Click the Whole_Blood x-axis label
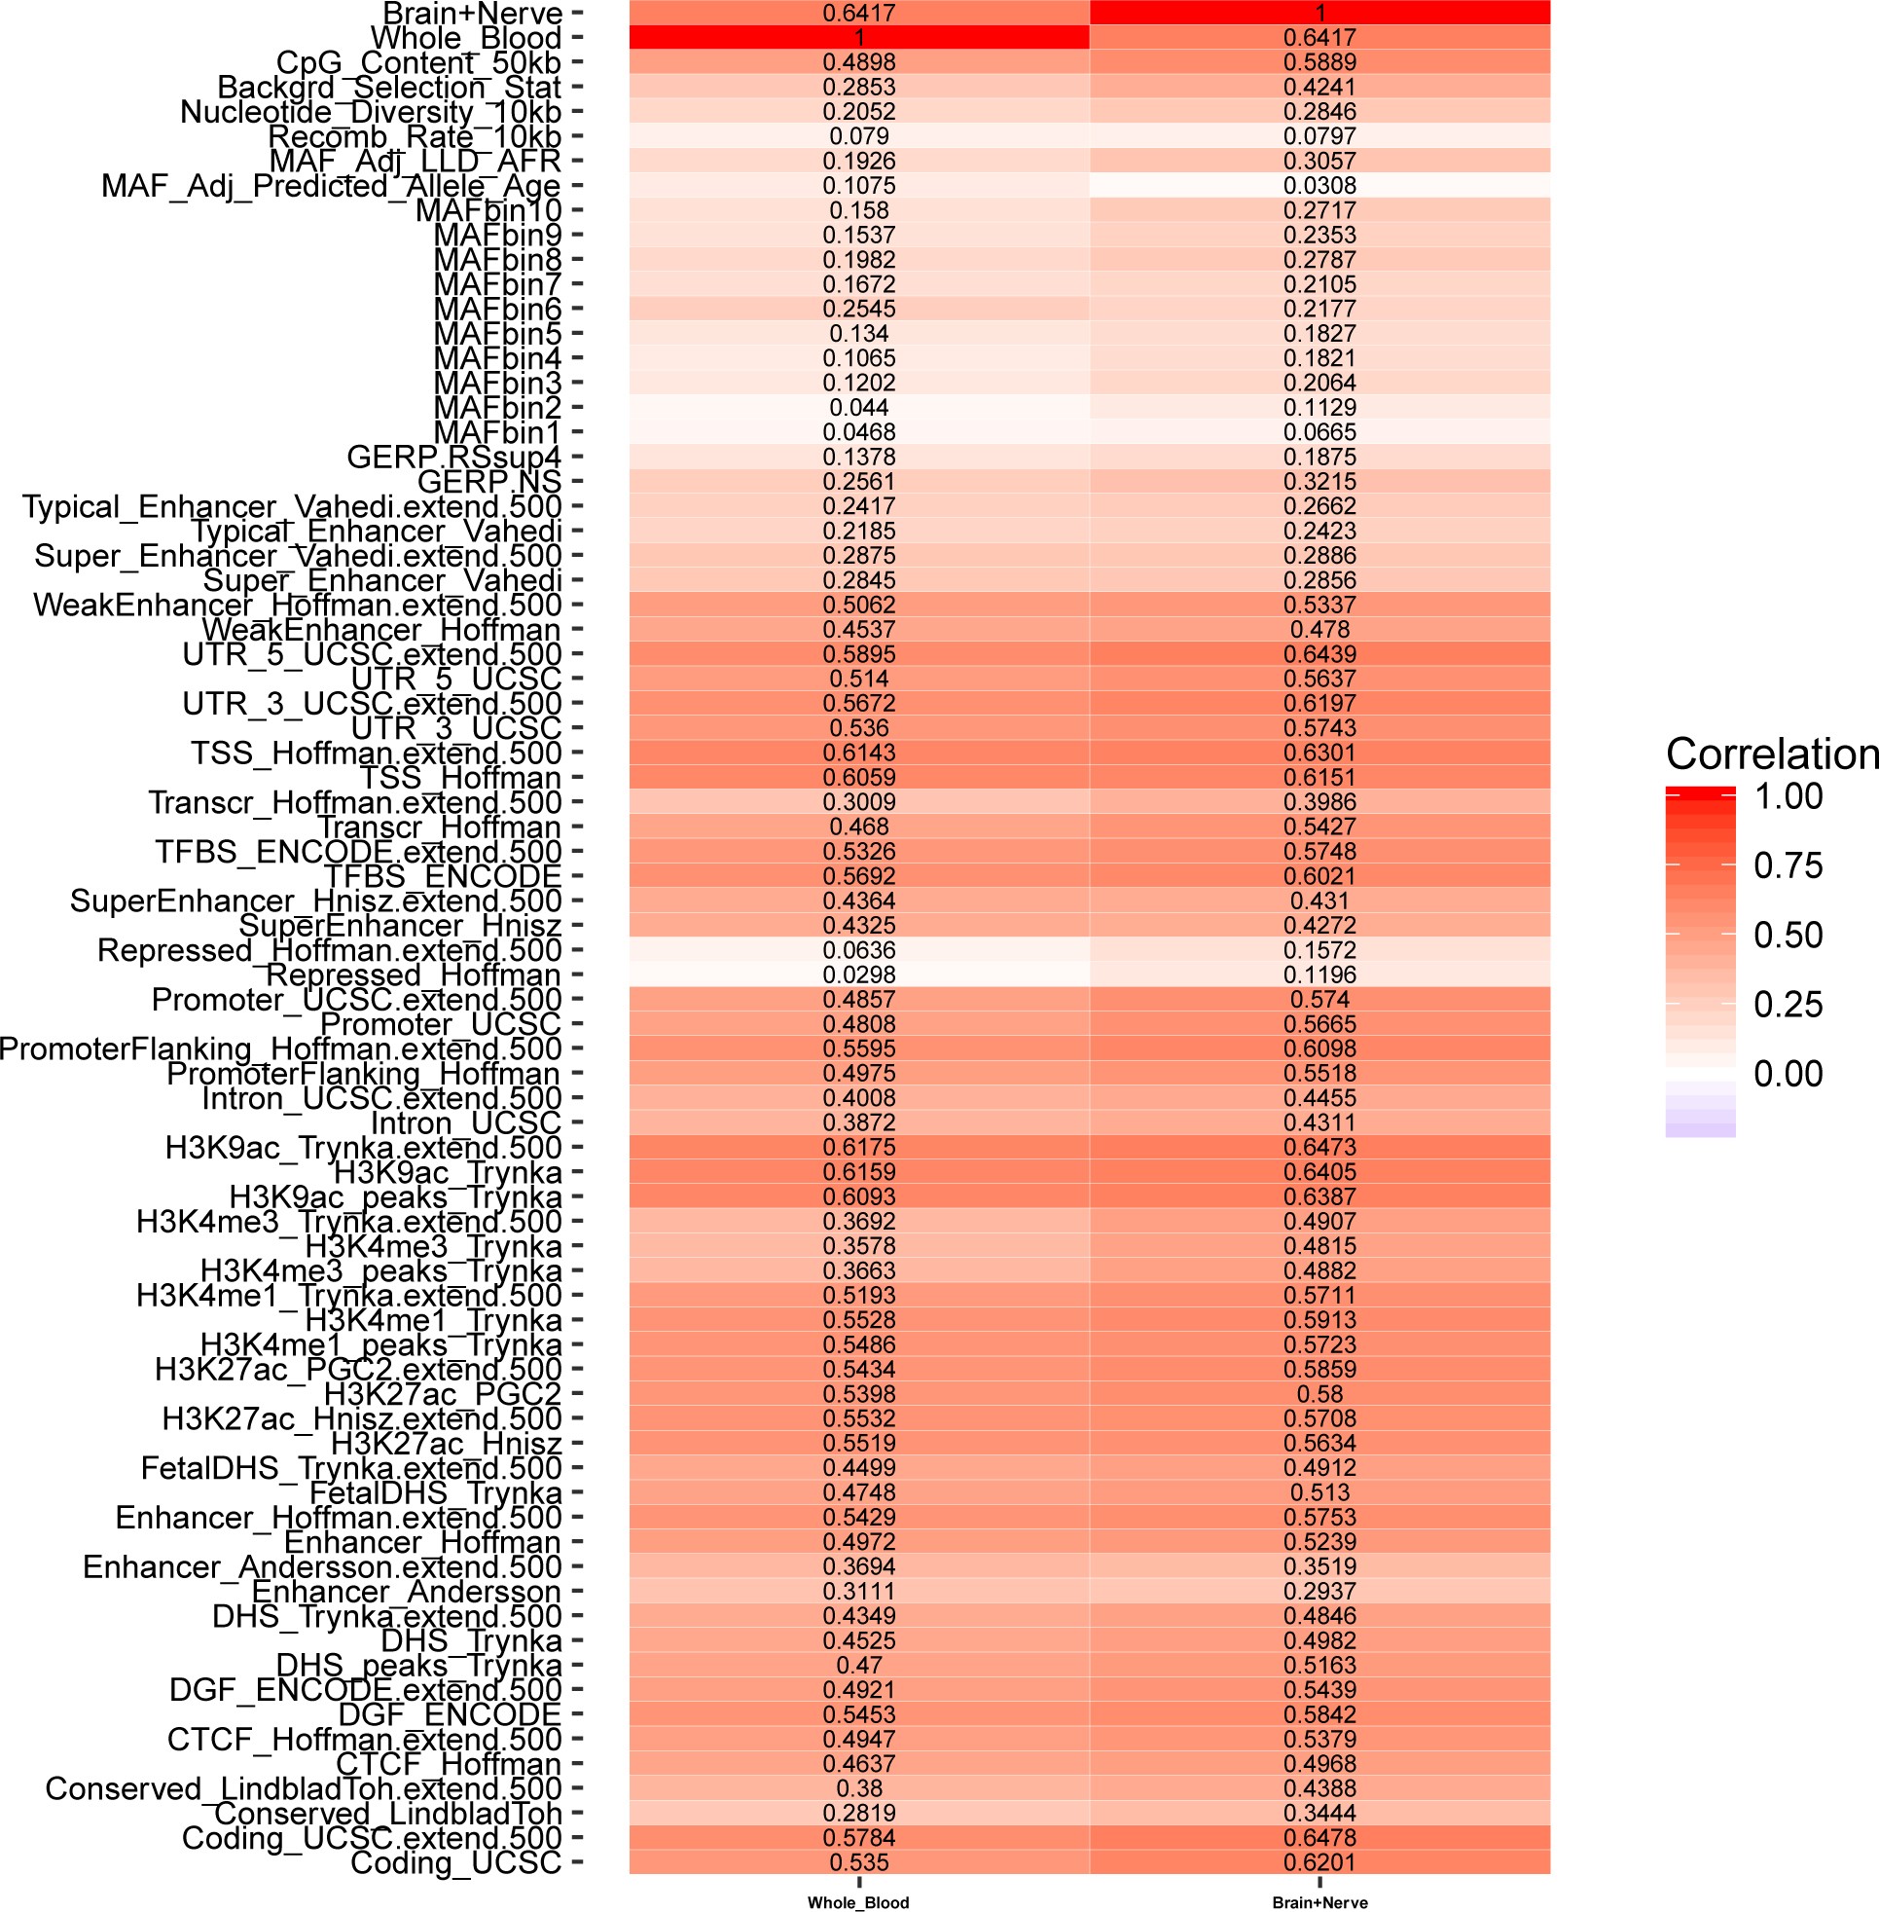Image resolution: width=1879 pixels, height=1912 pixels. (857, 1902)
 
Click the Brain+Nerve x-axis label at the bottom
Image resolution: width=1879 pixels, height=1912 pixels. (1319, 1902)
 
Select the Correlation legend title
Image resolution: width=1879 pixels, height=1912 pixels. (1771, 754)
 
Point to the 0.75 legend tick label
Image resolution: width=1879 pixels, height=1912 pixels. (1788, 865)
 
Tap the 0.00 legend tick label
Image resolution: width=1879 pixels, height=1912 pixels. (1788, 1074)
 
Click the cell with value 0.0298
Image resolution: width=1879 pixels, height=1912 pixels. (858, 974)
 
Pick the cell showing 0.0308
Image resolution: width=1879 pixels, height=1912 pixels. (1319, 186)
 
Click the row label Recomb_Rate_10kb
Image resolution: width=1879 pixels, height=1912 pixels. (415, 137)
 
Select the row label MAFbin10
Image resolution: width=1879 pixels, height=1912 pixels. (488, 210)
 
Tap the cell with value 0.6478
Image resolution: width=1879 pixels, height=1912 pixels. (1319, 1838)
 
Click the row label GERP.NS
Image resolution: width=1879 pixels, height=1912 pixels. (488, 482)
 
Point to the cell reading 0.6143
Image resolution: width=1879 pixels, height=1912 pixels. (858, 754)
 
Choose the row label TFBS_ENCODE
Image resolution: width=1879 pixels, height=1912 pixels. (442, 876)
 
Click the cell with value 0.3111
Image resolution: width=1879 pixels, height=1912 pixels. (858, 1591)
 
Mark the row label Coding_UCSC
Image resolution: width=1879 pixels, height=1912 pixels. (455, 1862)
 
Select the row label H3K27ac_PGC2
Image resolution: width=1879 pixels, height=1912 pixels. (442, 1394)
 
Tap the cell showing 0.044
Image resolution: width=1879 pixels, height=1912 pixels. (858, 408)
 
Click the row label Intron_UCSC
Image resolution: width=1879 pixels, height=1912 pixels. (465, 1123)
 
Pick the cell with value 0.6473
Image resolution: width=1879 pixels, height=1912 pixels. (1319, 1147)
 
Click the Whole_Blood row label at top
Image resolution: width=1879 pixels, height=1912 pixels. (465, 39)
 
